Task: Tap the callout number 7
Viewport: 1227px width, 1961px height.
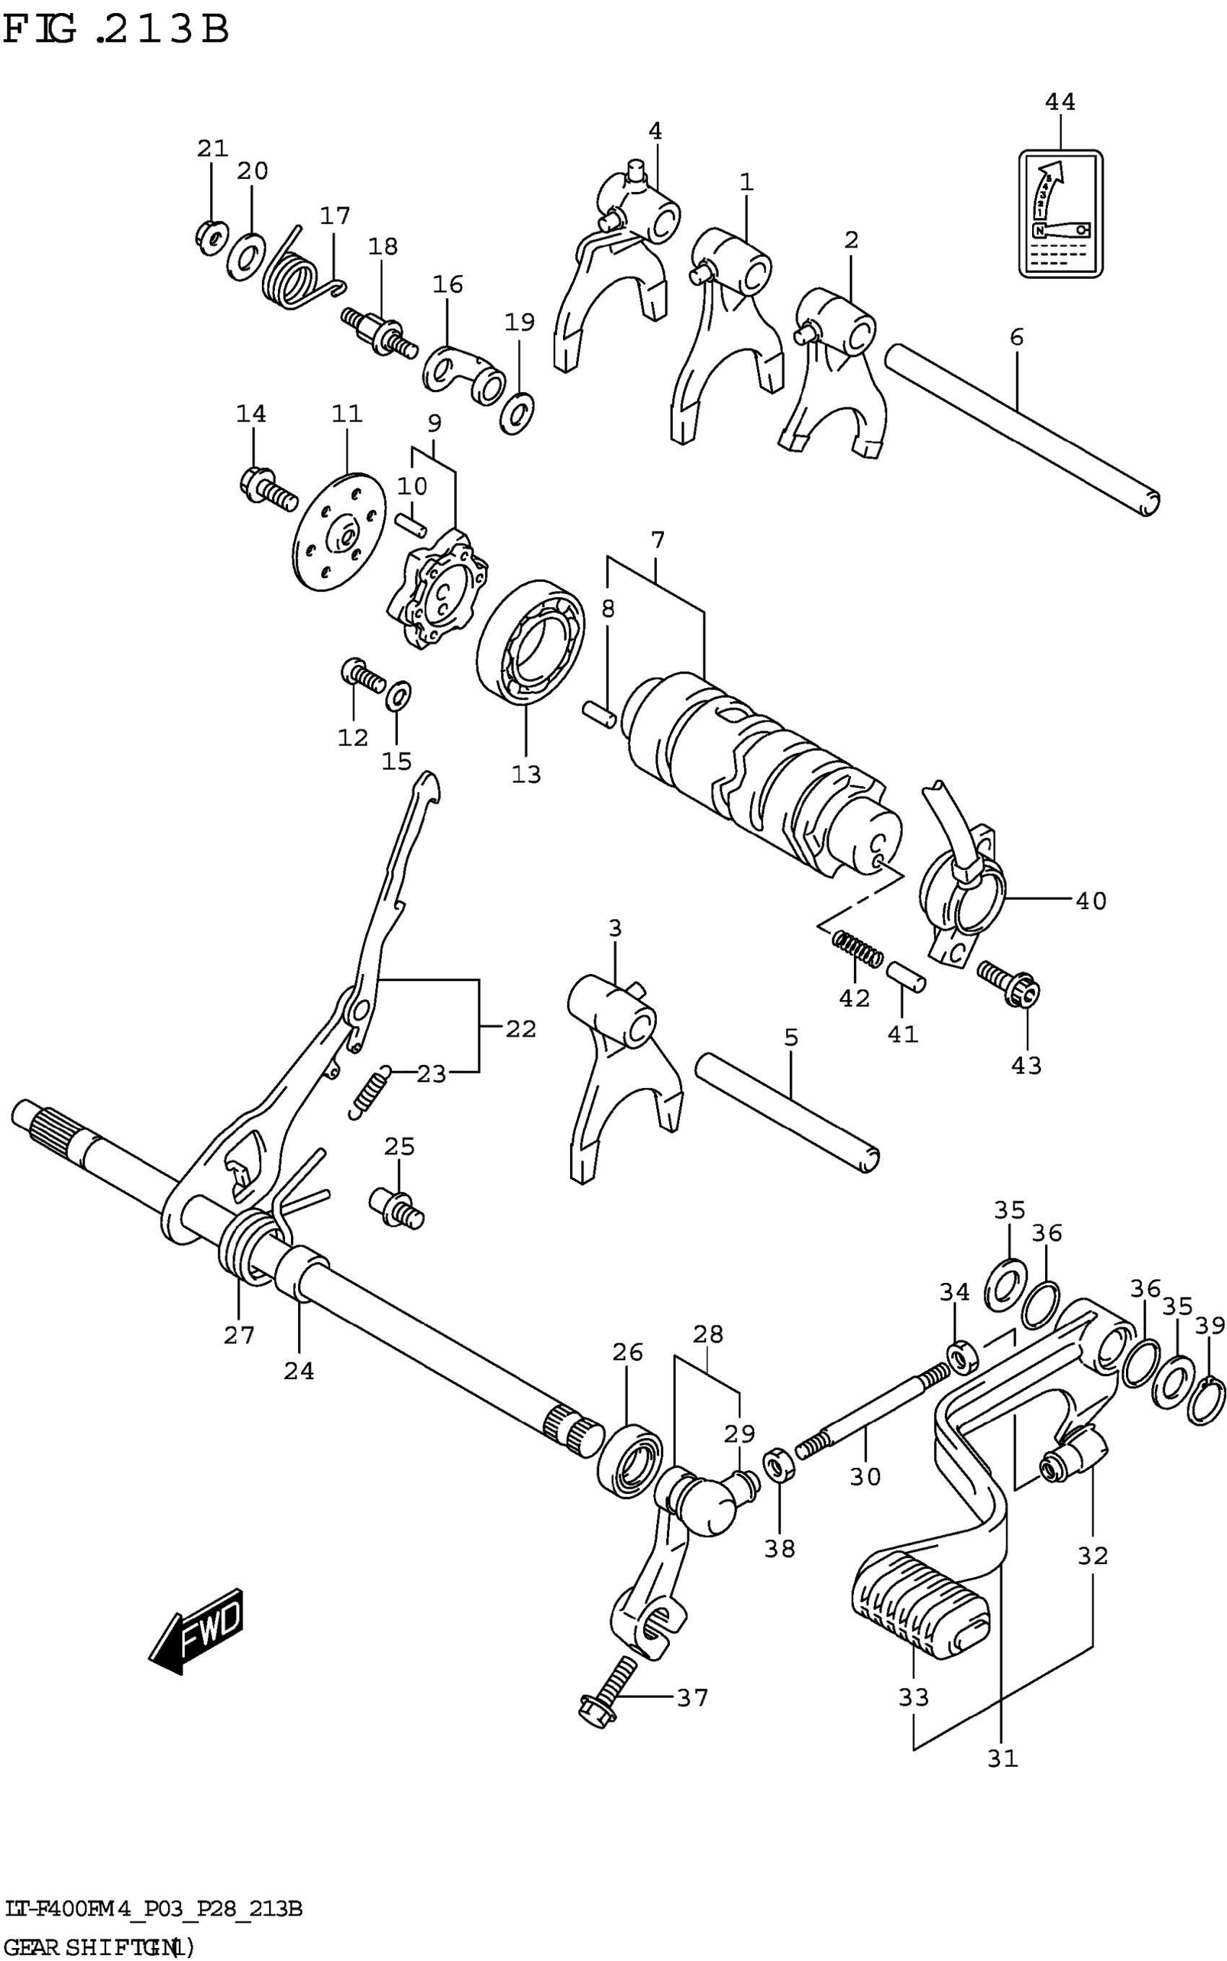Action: [658, 540]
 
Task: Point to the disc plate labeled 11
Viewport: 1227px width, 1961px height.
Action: [339, 531]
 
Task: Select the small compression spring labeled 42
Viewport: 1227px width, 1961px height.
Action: [857, 948]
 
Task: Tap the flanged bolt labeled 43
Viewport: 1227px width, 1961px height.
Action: [1010, 982]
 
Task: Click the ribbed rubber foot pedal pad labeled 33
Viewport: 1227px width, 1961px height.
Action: [920, 1606]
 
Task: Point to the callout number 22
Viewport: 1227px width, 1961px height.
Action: [520, 1029]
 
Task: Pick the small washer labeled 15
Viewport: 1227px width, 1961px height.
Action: [398, 695]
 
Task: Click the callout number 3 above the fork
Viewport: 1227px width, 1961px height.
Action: [615, 928]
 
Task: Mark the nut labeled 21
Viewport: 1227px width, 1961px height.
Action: [209, 236]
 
